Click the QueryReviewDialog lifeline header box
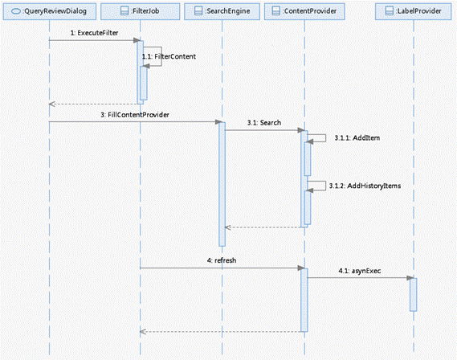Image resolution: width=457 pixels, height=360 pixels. point(50,11)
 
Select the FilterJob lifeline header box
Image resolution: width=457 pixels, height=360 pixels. point(141,11)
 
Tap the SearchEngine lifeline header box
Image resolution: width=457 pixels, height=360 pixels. point(222,11)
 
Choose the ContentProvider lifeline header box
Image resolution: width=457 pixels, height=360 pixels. point(304,11)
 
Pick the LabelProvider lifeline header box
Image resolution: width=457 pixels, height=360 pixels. point(414,11)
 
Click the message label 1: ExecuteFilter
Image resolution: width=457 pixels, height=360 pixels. point(94,33)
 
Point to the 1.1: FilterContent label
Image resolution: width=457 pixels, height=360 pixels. point(169,56)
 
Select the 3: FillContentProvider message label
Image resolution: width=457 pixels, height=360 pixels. point(135,115)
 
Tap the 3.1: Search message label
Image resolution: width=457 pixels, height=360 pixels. point(264,123)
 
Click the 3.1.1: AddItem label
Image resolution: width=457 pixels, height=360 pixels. point(357,138)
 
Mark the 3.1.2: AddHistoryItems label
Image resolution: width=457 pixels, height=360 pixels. point(365,186)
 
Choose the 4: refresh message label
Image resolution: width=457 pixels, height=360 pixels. point(222,260)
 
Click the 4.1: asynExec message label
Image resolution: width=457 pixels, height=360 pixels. point(360,271)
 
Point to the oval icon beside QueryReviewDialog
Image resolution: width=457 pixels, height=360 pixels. point(16,11)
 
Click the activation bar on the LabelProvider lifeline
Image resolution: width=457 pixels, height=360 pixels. point(413,294)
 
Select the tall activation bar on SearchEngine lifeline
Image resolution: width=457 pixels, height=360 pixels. point(222,184)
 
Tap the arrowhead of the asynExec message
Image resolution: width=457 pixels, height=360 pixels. point(410,278)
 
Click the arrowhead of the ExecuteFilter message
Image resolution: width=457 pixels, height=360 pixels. point(137,40)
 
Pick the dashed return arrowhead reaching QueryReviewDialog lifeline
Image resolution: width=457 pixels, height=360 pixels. point(52,104)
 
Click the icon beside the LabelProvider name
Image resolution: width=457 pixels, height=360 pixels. point(390,11)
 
